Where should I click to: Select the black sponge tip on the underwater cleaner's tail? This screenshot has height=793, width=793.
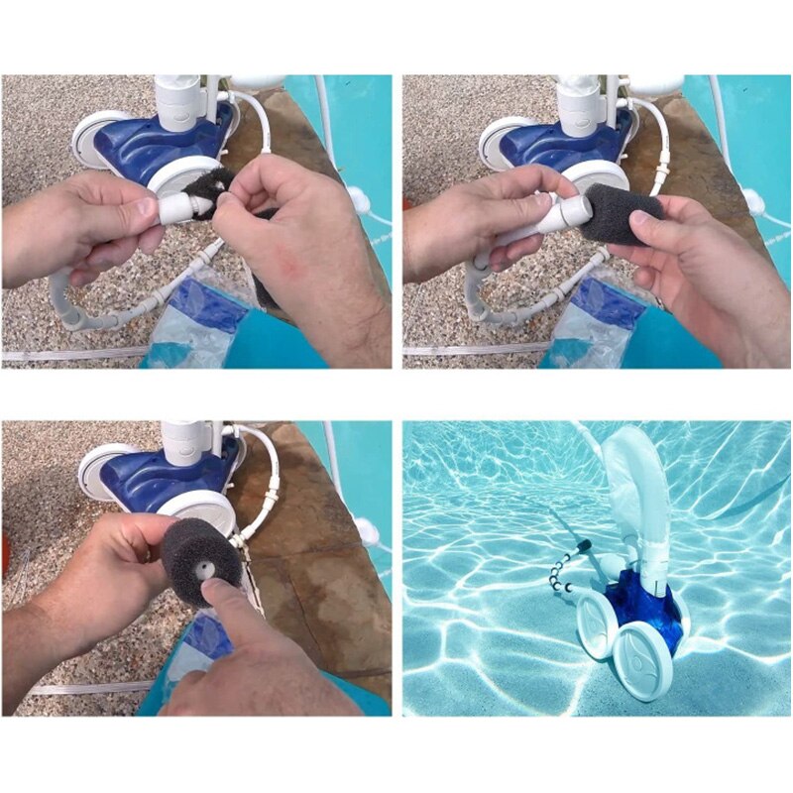[582, 544]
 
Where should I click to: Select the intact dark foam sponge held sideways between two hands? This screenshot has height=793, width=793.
[622, 213]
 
